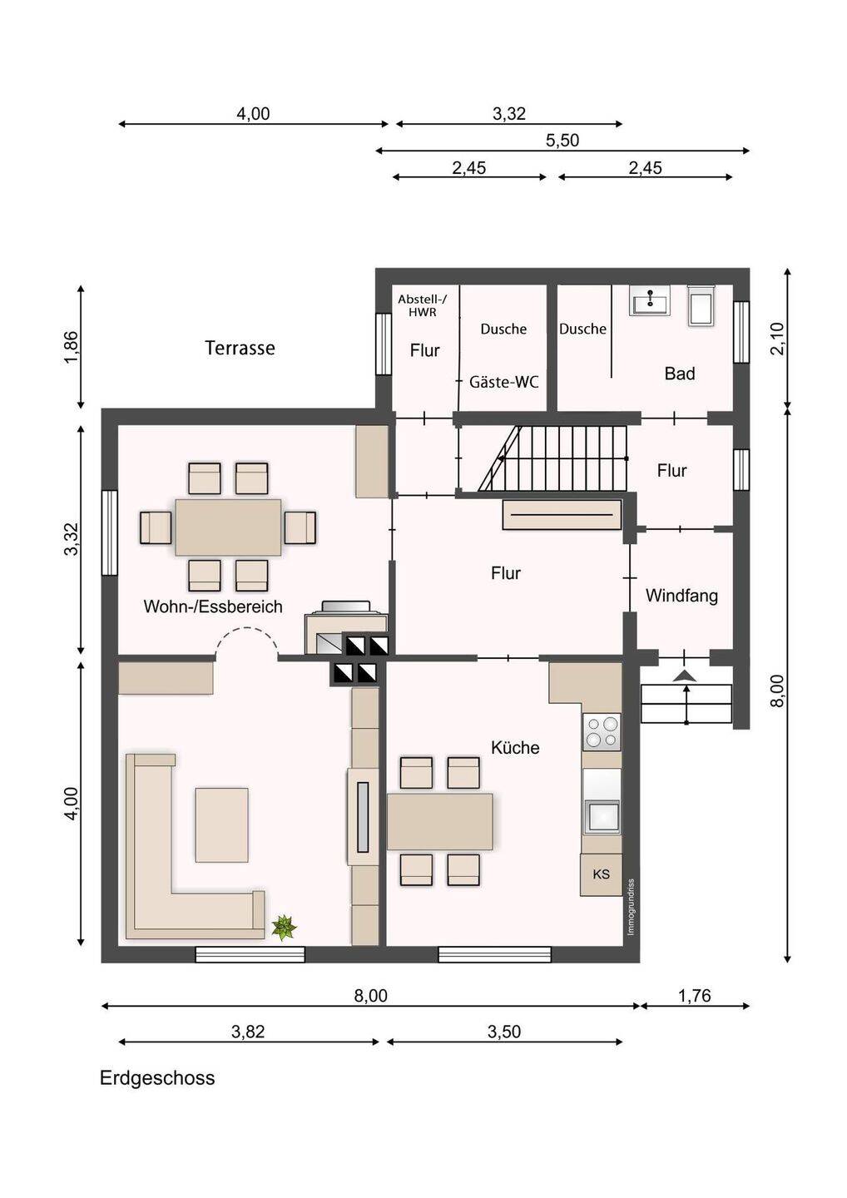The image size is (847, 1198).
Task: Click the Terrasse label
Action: coord(240,348)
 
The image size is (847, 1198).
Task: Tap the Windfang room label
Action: coord(681,596)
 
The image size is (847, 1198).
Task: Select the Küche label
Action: coord(515,747)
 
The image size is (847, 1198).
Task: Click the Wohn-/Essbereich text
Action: coord(213,606)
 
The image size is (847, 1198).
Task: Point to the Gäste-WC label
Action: coord(503,382)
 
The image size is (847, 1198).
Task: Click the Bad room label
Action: coord(680,374)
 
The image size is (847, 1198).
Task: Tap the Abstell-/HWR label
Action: coord(423,306)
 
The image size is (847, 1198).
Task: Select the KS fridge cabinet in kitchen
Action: coord(601,874)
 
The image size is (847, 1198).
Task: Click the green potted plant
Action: coord(284,927)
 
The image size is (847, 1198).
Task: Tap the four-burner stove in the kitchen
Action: coord(602,732)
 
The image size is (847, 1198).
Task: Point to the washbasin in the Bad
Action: coord(650,300)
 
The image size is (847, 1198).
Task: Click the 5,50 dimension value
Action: coord(562,140)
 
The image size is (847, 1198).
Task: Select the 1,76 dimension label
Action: coord(695,995)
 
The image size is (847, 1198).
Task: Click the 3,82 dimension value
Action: coord(248,1031)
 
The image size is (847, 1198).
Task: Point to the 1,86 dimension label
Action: coord(71,347)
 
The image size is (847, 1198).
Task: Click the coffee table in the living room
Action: coord(221,824)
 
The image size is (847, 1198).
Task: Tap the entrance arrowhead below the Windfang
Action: coord(686,676)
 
